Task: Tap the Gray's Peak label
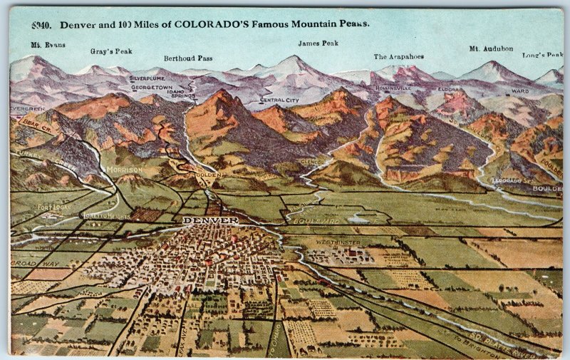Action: tap(111, 51)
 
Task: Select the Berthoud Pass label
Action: tap(188, 58)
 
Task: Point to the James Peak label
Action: tap(318, 43)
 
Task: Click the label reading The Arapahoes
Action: tap(399, 56)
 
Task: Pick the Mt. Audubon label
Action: tap(491, 48)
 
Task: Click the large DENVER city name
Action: tap(211, 221)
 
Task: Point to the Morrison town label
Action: tap(124, 170)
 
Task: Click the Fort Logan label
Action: tap(54, 207)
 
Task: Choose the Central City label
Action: tap(279, 101)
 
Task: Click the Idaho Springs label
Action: tap(182, 93)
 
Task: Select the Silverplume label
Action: tap(147, 78)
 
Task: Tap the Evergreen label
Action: tap(27, 109)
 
